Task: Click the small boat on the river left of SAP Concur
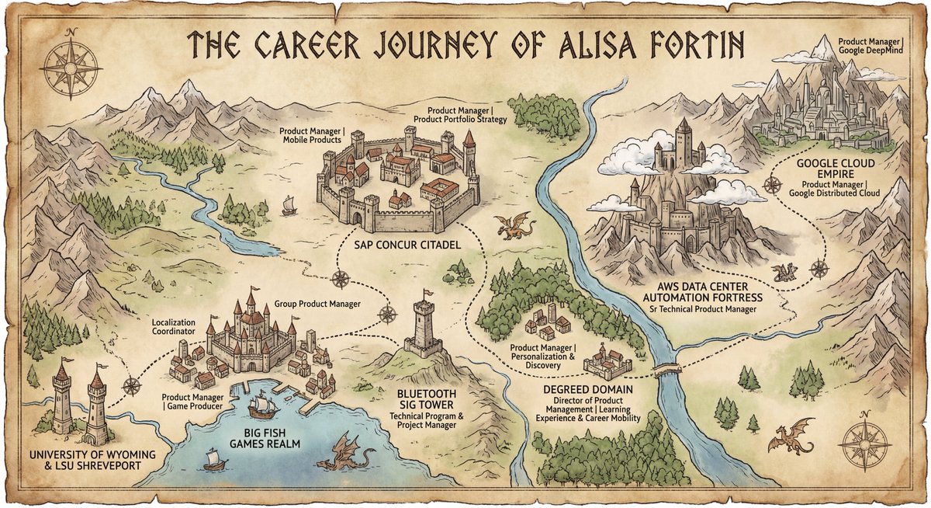point(289,205)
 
